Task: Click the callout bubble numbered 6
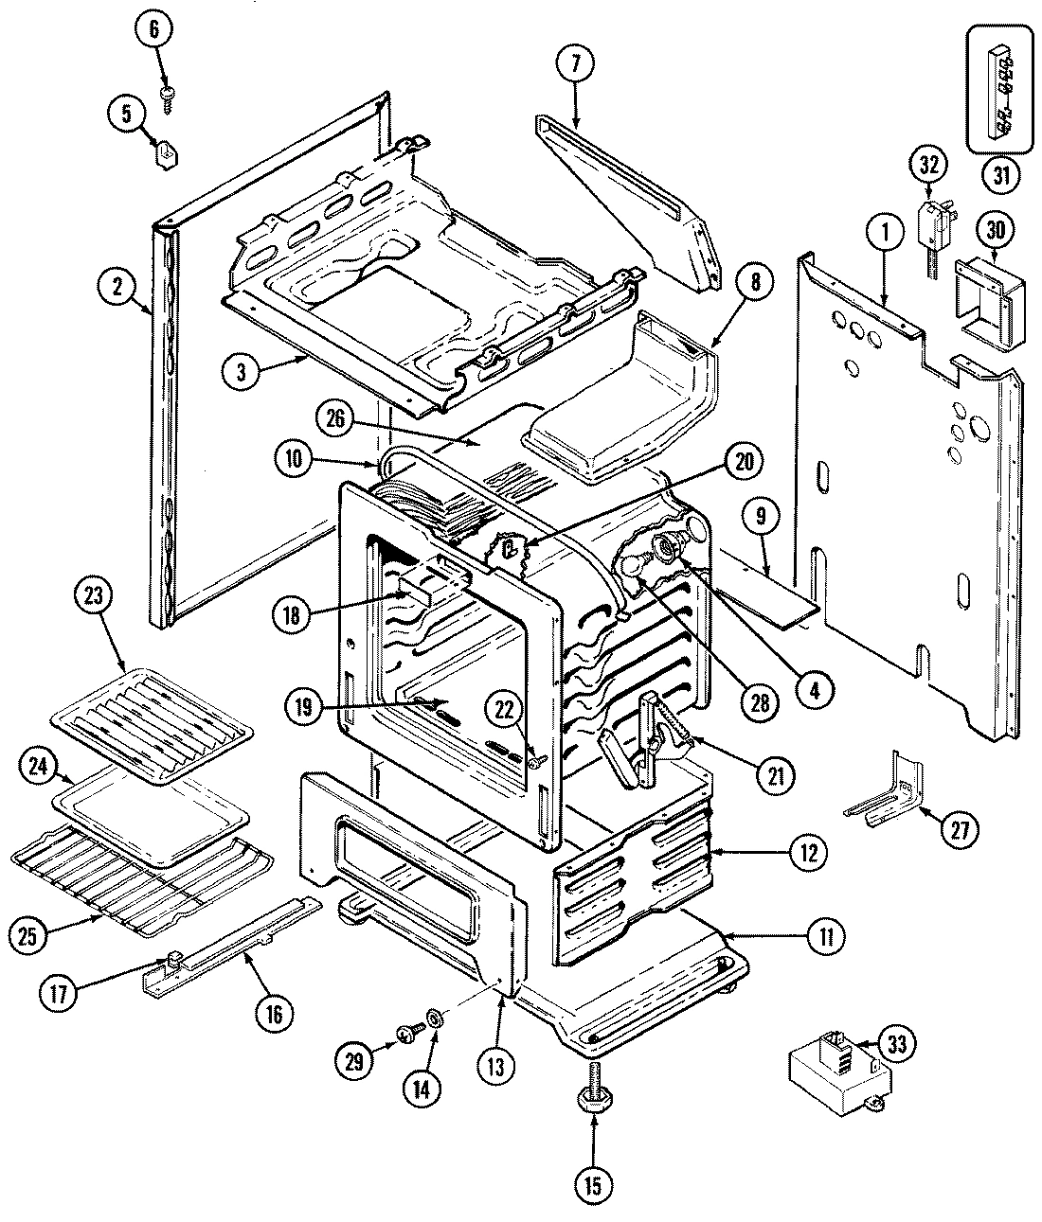155,29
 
